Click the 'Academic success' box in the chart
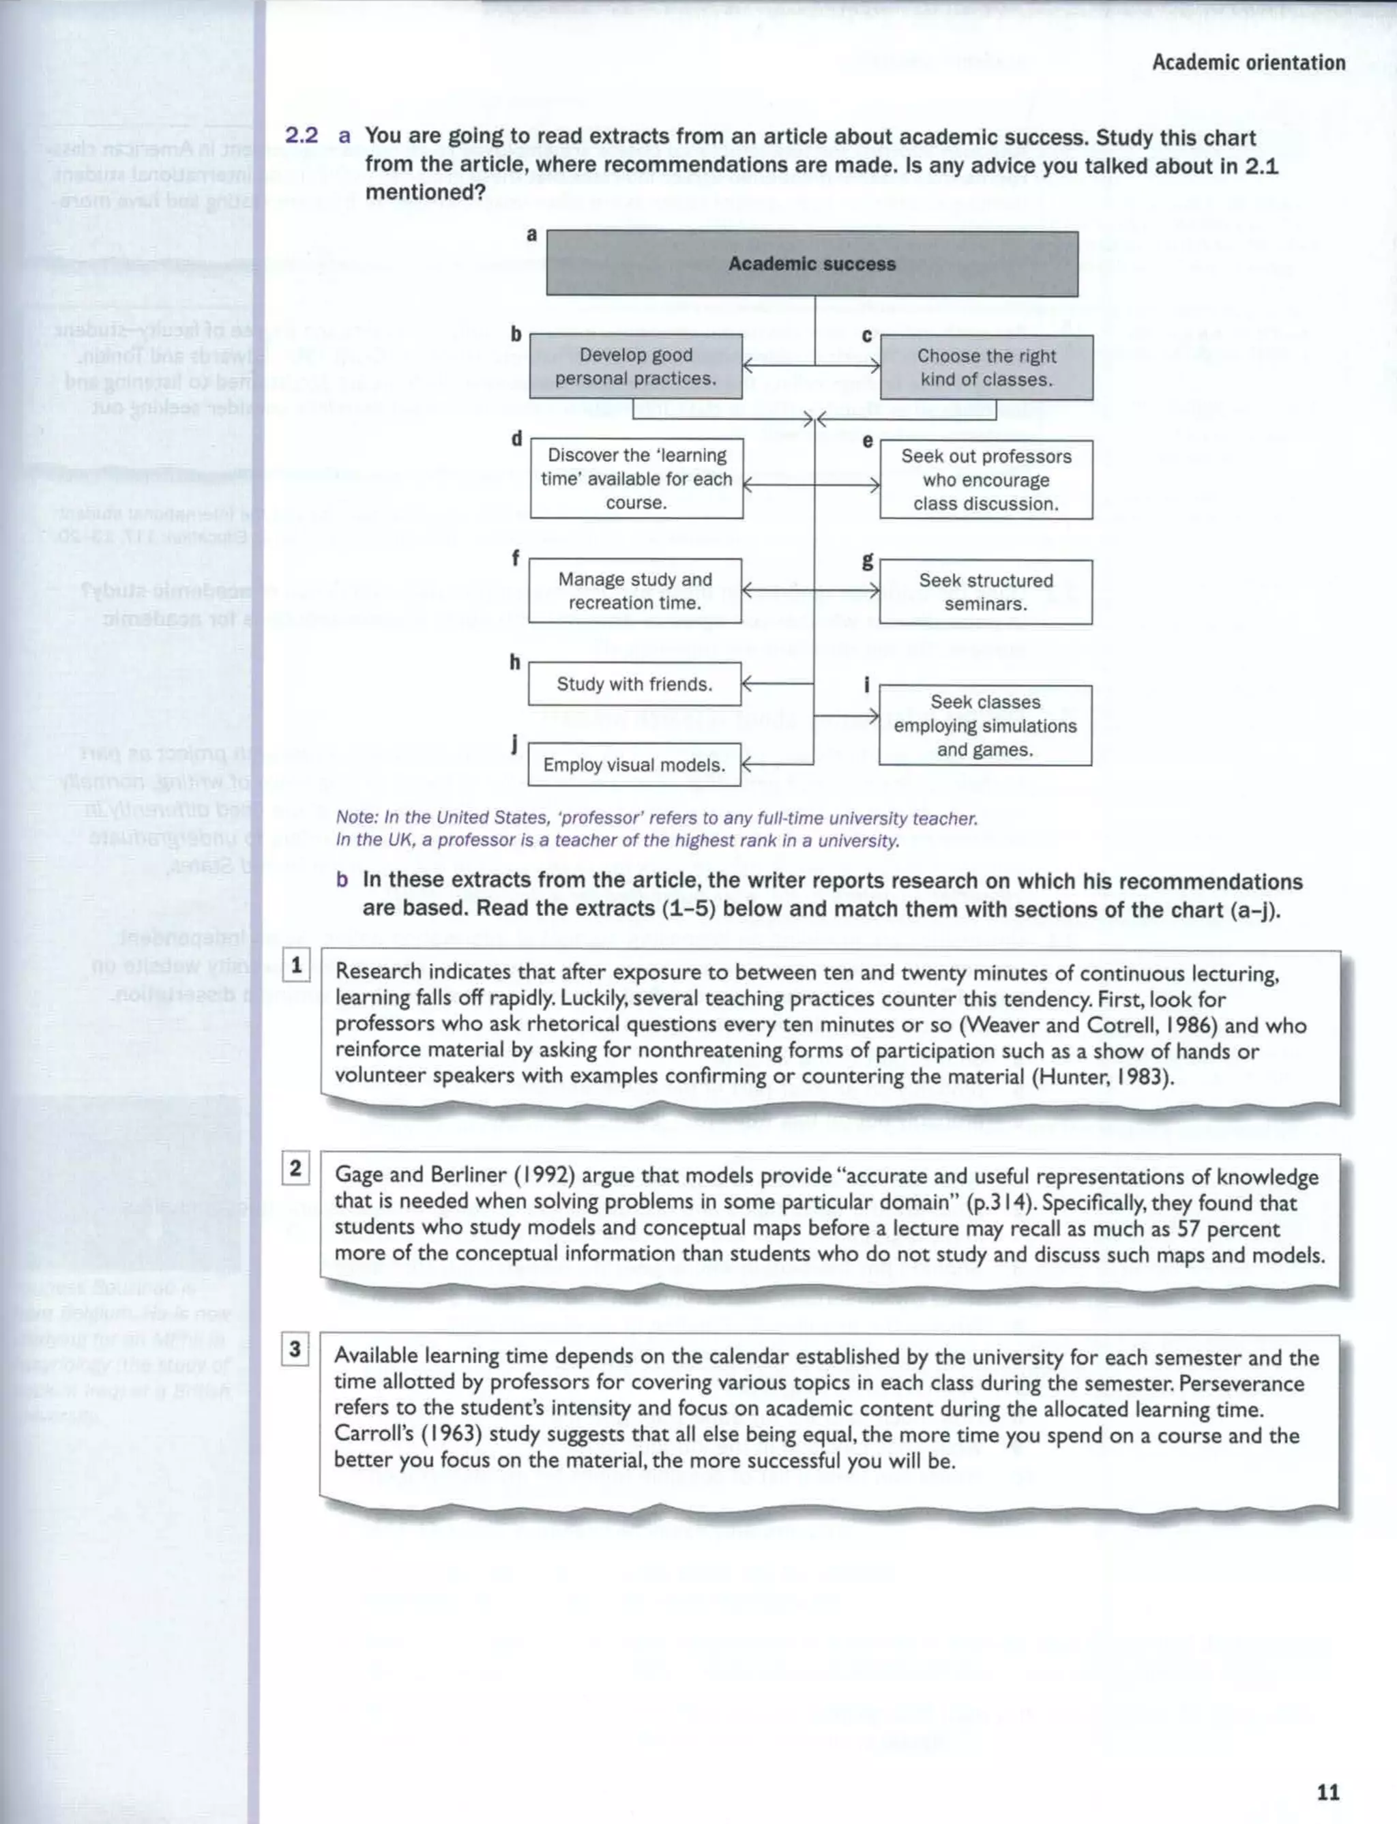pos(812,263)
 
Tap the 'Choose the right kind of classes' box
pos(986,368)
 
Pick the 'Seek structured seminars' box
pos(986,592)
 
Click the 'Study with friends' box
pos(634,684)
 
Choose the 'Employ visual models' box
pos(634,765)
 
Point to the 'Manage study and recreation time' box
pos(634,591)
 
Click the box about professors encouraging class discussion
pos(986,480)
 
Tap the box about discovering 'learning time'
pos(636,479)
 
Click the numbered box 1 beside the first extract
pos(296,966)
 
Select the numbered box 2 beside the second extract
pos(295,1169)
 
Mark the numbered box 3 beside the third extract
pos(295,1349)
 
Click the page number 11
pos(1328,1793)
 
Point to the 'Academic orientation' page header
pos(1248,62)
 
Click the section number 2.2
pos(301,136)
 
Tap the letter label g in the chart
pos(867,561)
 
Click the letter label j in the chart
pos(516,744)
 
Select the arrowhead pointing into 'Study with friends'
pos(746,684)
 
